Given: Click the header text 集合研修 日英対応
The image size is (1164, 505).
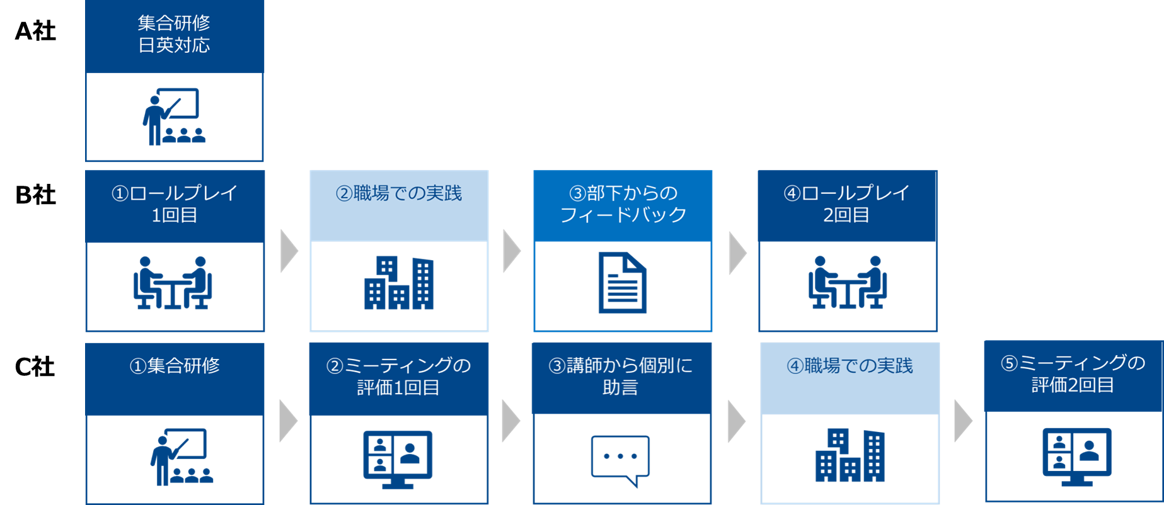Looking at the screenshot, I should point(174,35).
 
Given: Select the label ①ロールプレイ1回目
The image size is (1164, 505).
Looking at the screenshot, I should point(174,204).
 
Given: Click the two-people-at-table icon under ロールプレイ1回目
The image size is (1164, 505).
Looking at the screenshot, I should point(173,283).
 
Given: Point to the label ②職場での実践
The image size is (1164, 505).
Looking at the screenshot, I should point(398,193).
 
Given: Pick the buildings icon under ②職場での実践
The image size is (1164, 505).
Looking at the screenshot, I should point(398,283).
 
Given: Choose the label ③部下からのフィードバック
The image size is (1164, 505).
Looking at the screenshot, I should point(623,204).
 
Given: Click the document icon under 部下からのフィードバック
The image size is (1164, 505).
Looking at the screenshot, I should point(622,283).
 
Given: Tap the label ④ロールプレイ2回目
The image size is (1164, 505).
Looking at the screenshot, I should point(846,204).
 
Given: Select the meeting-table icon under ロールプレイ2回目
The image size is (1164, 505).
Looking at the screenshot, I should point(847,283).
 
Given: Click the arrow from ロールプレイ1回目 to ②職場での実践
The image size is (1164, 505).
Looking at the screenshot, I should point(288,251).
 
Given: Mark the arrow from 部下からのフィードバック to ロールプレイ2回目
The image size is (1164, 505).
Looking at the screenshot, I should point(737,253).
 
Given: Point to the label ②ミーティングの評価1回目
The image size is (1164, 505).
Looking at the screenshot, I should point(398,377).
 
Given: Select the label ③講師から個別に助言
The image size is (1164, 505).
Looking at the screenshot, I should point(621,377).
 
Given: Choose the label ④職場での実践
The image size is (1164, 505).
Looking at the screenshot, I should point(850,366).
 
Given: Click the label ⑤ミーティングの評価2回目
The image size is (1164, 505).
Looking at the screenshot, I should point(1073,374).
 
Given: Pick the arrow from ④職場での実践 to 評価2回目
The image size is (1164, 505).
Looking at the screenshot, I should point(962,421).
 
